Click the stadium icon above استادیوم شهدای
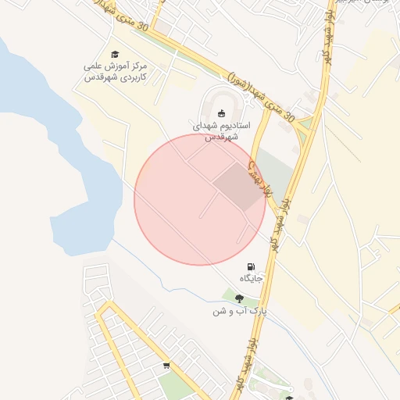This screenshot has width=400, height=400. click(221, 112)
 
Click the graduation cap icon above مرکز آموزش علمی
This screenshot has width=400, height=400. click(115, 54)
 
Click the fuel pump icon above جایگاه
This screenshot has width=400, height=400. click(251, 266)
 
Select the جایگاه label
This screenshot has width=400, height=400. click(251, 278)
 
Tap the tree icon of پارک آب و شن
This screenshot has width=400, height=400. click(238, 298)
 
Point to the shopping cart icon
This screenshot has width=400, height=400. click(166, 365)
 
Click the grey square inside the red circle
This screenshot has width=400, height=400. click(239, 187)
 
